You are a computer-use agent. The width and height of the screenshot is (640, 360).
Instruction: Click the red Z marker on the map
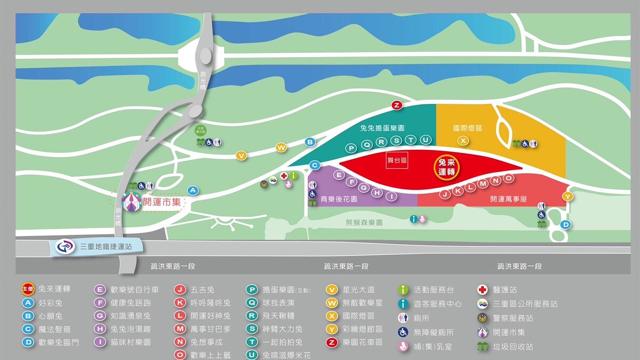[396, 105]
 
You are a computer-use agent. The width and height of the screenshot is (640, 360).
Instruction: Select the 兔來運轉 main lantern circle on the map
[446, 167]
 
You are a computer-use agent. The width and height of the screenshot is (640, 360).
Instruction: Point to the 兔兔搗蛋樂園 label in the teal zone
[382, 129]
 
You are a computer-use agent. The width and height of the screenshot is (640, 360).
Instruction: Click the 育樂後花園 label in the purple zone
[339, 199]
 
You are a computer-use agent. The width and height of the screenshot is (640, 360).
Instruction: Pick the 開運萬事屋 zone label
[508, 199]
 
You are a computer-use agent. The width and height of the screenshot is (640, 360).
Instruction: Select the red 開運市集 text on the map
[163, 203]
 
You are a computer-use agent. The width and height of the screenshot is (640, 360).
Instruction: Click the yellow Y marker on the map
[568, 197]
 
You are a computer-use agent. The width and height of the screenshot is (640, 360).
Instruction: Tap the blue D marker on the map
[566, 225]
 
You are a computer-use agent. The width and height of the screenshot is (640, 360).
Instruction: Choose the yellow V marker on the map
[242, 156]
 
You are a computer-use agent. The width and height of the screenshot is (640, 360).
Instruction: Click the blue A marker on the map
[193, 190]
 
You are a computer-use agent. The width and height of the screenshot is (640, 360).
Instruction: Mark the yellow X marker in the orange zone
[463, 140]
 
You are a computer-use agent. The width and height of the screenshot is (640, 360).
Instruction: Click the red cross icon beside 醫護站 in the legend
[482, 290]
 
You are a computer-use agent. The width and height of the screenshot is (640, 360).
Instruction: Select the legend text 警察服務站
[513, 318]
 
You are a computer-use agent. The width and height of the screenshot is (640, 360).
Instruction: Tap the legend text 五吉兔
[202, 290]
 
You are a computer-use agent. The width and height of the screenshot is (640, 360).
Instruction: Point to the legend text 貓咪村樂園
[131, 342]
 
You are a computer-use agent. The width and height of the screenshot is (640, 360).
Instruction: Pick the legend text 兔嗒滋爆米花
[286, 355]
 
